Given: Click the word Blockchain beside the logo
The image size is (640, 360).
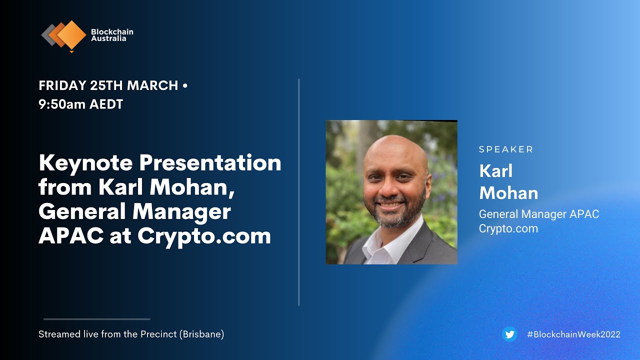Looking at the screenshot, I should (112, 32).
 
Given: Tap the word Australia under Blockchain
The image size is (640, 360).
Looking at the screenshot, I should (108, 38).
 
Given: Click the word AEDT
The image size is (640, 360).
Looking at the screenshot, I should (106, 104).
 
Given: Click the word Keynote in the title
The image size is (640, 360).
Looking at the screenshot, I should (85, 163).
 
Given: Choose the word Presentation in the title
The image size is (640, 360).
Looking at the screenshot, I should (210, 163).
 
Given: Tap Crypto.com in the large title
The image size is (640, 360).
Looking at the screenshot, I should (204, 235).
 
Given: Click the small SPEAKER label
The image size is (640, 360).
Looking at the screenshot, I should (506, 149).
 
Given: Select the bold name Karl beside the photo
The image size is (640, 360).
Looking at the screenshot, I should (496, 170).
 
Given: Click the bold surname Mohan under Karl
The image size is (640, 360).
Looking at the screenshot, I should (508, 193).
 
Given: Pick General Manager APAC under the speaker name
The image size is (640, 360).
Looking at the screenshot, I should (538, 214).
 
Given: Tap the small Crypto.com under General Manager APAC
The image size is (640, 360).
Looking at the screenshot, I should (508, 229).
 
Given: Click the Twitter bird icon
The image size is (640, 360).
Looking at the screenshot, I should (509, 334).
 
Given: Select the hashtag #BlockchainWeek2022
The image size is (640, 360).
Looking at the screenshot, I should (573, 334).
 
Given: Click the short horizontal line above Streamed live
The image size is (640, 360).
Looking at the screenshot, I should (96, 319).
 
